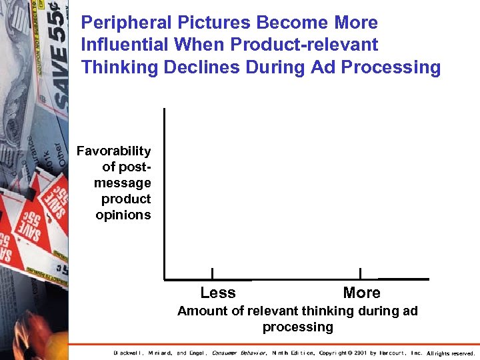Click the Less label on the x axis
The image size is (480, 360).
(218, 293)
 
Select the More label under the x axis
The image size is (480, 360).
(361, 293)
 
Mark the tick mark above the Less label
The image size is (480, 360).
(212, 273)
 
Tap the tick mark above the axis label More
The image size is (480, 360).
(360, 273)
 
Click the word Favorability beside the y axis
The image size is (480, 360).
(114, 151)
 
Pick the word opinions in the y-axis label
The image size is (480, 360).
(123, 215)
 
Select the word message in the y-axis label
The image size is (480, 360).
(123, 183)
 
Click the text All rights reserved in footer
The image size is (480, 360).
(451, 353)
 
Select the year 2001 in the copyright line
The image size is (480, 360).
(360, 353)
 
